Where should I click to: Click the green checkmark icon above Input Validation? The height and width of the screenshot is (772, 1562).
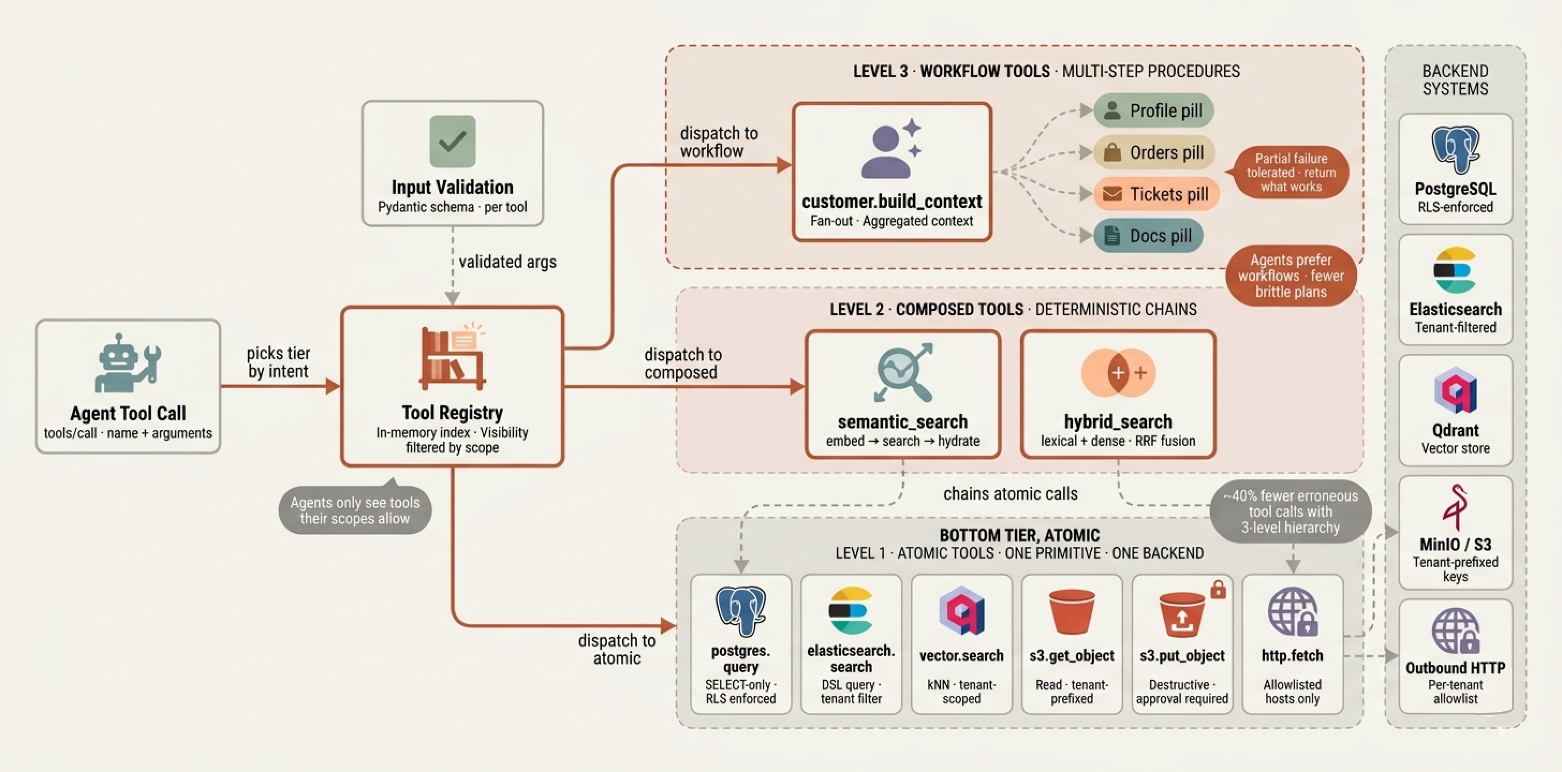point(452,141)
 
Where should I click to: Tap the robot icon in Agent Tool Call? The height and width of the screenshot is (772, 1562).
point(127,363)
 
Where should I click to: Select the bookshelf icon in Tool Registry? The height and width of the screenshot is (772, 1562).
point(452,357)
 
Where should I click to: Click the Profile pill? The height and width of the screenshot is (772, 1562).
point(1153,110)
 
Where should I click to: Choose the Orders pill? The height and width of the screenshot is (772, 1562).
point(1154,152)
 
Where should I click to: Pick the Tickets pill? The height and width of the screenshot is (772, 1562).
point(1156,194)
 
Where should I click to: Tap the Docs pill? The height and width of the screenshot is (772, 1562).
point(1148,236)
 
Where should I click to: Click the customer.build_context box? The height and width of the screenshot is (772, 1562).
point(892,172)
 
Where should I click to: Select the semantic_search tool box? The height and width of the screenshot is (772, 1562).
point(903,394)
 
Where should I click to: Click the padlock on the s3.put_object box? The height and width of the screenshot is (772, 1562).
point(1218,589)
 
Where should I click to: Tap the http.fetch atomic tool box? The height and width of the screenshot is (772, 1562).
point(1292,644)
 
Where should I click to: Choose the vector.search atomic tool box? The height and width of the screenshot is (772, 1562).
point(961,644)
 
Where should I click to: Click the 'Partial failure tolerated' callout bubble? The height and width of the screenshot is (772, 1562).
point(1291,172)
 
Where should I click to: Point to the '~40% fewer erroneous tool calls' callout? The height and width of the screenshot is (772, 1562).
point(1291,511)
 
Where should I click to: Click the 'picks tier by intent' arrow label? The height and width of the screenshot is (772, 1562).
point(278,362)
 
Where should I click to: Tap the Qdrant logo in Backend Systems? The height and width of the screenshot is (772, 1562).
point(1455,390)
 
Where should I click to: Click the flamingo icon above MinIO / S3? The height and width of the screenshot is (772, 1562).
point(1455,508)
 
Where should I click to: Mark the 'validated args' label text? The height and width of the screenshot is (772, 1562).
point(507,262)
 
